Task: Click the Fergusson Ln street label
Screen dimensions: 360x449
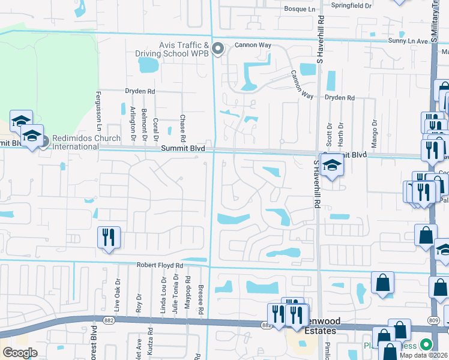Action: (x=98, y=111)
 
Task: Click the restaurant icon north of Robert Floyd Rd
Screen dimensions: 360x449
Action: (x=109, y=236)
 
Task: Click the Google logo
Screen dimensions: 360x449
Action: (x=20, y=352)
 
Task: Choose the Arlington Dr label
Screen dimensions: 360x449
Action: (x=133, y=123)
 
